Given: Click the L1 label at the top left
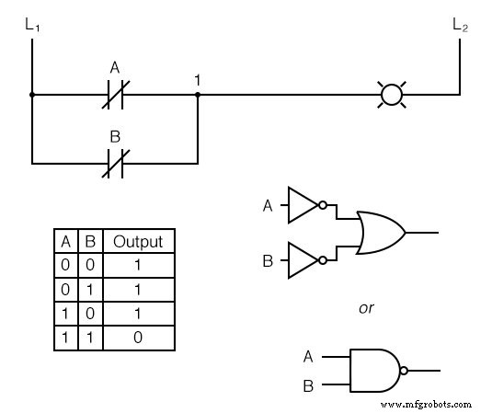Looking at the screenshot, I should [x=32, y=24].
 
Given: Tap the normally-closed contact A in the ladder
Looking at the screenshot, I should [x=115, y=94].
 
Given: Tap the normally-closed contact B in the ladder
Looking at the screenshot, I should [x=115, y=164].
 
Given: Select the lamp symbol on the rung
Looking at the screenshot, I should [x=393, y=94].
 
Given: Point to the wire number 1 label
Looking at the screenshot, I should [x=198, y=80].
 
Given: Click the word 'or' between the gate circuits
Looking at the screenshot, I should [x=367, y=307].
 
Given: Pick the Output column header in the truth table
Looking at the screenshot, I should [x=138, y=242].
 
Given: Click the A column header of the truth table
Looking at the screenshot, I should [x=65, y=242].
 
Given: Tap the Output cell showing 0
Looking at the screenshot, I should [x=138, y=338].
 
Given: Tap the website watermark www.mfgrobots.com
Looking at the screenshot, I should [x=425, y=404].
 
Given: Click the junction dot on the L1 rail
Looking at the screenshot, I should [x=32, y=94].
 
